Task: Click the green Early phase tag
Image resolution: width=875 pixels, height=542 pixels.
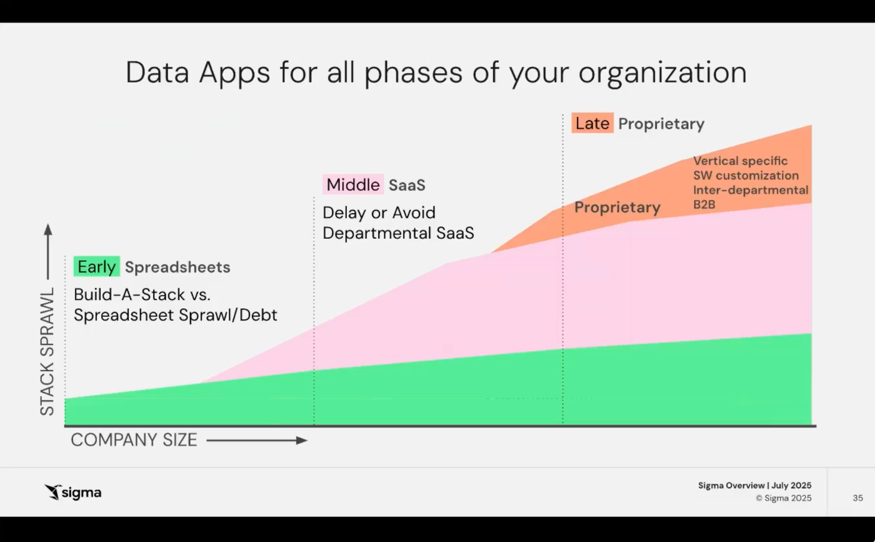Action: pos(96,266)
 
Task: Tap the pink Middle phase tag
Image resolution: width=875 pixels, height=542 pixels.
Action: pos(353,184)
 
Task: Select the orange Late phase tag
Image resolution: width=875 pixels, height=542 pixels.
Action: pos(592,123)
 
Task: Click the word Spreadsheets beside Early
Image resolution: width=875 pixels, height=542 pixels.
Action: pos(177,268)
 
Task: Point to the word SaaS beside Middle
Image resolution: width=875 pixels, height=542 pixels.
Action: pos(407,185)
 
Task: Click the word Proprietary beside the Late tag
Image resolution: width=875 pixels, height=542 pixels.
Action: pos(661,124)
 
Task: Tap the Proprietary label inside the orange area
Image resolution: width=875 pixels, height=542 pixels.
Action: pos(617,207)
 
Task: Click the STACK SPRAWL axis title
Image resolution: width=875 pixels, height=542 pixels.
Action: pos(47,351)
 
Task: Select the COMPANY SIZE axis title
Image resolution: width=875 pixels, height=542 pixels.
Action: pos(134,440)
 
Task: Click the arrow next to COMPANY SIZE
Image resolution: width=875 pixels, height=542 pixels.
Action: pos(257,440)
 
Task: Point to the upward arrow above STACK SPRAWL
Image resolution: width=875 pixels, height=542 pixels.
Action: pos(48,251)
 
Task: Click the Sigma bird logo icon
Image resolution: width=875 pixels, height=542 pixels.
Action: pos(52,492)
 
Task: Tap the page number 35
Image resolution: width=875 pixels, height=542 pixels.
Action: pos(857,498)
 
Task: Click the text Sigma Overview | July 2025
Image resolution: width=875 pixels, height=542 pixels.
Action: pos(755,485)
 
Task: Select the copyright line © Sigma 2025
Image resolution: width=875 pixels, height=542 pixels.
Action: pos(784,498)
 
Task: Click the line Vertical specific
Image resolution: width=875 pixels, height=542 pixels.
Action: pos(740,161)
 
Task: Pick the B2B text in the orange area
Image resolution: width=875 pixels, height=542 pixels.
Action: pos(704,204)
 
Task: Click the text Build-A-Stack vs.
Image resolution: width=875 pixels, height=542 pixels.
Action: pos(142,294)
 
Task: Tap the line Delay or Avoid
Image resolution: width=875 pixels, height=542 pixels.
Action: pos(379,213)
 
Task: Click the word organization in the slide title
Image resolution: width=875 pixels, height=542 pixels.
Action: pos(662,73)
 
